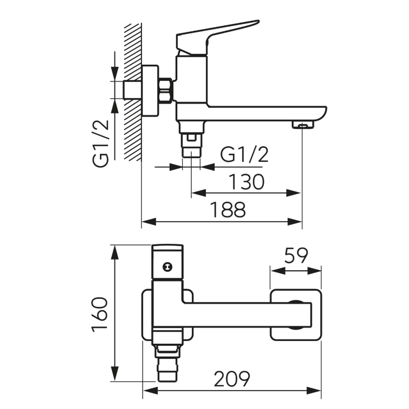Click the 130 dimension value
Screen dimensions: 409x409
(246, 181)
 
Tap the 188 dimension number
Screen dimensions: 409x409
(228, 209)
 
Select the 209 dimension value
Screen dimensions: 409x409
(232, 378)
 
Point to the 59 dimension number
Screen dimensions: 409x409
(296, 256)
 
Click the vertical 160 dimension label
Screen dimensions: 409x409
(100, 315)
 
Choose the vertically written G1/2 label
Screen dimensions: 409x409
(100, 144)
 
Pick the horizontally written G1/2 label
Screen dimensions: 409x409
(244, 155)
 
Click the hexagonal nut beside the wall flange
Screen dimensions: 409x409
(165, 90)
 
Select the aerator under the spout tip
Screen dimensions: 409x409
(303, 125)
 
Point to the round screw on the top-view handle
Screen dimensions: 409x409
(167, 267)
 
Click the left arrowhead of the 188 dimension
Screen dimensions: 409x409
(149, 222)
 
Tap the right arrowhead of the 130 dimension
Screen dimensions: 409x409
(293, 193)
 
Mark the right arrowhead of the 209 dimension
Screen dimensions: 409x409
(313, 391)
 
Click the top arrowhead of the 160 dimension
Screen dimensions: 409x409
(115, 253)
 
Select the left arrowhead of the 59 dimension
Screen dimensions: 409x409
(278, 271)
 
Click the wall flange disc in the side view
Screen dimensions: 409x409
(150, 91)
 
